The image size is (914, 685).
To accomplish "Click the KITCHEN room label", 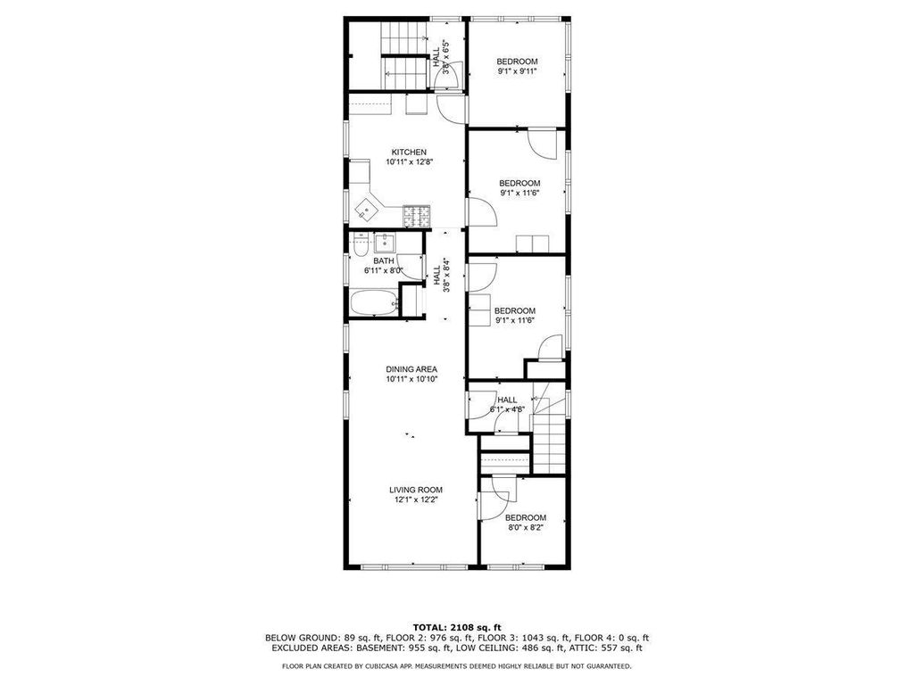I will click(409, 152).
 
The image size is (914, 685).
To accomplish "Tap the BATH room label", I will click(384, 260).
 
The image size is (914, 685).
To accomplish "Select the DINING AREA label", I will click(411, 369).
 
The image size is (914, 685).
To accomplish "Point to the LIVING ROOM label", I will click(415, 490).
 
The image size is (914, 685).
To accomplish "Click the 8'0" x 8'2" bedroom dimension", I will click(525, 527).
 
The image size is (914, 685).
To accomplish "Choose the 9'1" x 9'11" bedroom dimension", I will click(518, 71).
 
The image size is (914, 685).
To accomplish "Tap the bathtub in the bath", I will click(372, 303).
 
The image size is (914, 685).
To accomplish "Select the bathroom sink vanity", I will click(385, 243).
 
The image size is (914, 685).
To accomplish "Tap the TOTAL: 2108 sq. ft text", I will click(456, 627).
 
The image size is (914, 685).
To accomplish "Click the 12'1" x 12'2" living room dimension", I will click(415, 500).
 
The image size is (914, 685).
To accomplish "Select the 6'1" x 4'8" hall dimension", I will click(507, 410).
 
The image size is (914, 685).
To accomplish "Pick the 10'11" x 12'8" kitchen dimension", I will click(409, 162).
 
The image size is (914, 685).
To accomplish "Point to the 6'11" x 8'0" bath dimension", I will click(384, 269).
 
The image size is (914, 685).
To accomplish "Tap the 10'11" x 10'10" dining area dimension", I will click(411, 379).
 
